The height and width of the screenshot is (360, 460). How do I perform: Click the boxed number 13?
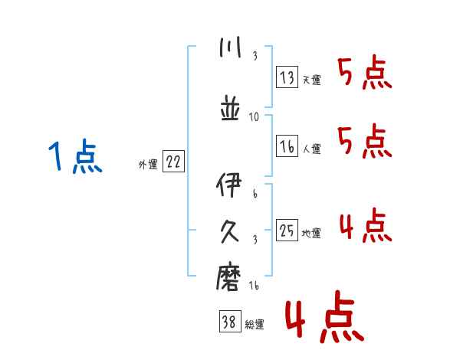(287, 78)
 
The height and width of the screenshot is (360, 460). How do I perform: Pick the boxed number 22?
(173, 163)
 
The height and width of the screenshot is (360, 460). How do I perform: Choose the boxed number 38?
(229, 323)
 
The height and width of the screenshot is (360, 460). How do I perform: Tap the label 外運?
(147, 165)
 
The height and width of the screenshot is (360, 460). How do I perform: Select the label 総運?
(255, 325)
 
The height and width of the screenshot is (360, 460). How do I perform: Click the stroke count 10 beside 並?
(255, 117)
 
